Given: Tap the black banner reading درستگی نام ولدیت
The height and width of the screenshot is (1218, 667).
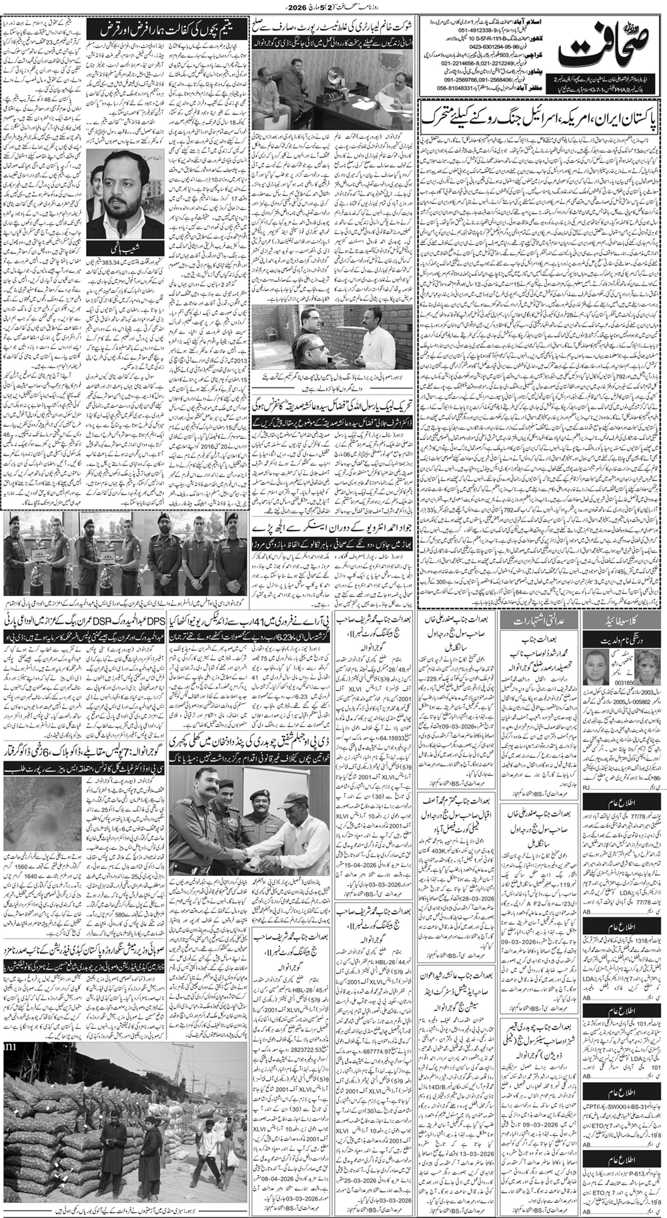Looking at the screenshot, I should click(623, 637).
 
